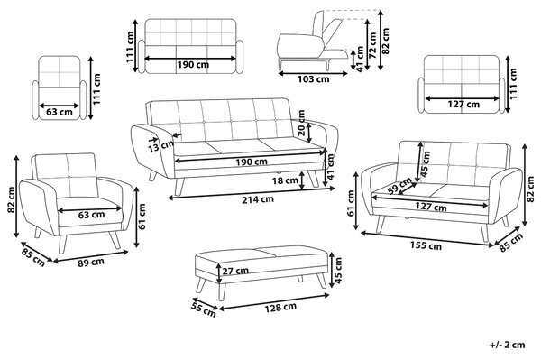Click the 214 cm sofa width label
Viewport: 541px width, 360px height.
[257, 199]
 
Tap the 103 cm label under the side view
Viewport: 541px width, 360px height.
[313, 79]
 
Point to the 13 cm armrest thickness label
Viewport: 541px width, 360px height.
[161, 146]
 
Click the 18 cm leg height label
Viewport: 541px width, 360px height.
[285, 180]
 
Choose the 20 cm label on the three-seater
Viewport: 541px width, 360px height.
[301, 123]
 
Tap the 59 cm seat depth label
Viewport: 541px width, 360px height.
[399, 187]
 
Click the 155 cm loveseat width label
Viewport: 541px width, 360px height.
[426, 245]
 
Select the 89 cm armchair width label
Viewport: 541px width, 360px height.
[91, 263]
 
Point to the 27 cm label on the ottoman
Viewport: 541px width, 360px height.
[235, 271]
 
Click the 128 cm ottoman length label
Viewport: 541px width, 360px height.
[280, 307]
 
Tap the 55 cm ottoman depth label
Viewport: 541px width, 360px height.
[205, 310]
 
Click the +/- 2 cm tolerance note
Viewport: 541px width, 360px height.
[507, 345]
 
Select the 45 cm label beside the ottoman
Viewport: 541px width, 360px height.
[338, 271]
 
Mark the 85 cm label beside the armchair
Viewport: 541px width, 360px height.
[33, 258]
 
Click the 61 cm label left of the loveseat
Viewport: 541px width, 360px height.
[352, 203]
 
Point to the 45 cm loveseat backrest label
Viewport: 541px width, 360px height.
[426, 163]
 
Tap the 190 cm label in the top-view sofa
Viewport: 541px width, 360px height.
[193, 65]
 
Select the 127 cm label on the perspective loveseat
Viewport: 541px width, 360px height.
[431, 207]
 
